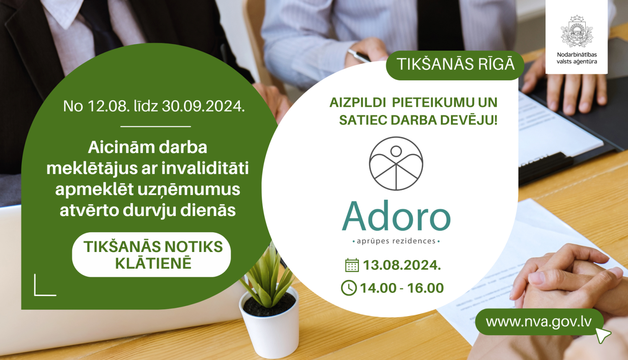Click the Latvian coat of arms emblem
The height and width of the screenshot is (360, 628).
tap(577, 31)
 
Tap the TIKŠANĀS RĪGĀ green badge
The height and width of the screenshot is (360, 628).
tap(455, 64)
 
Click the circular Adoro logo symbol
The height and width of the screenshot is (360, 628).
tap(396, 164)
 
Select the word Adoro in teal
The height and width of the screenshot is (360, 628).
tap(396, 217)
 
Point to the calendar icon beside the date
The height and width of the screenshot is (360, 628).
tap(352, 265)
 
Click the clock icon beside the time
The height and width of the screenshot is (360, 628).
tap(349, 288)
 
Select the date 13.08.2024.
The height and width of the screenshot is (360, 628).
tap(402, 265)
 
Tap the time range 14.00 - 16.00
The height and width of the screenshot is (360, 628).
tap(402, 288)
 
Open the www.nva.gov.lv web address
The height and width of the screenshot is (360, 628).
tap(539, 321)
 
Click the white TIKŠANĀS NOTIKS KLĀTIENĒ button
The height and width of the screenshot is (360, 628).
tap(152, 255)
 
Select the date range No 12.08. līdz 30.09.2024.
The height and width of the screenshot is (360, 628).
tap(154, 106)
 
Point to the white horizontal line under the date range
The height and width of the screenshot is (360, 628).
tap(155, 126)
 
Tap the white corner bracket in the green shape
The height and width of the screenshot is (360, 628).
tap(44, 286)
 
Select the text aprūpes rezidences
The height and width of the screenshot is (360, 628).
tap(396, 241)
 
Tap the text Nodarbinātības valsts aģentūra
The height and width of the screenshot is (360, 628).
tap(577, 58)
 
